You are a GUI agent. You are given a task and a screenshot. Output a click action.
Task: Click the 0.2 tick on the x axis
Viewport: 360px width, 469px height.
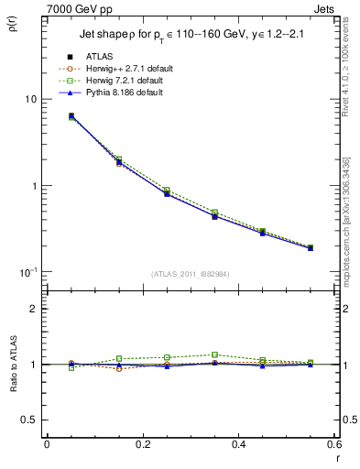coord(142,445)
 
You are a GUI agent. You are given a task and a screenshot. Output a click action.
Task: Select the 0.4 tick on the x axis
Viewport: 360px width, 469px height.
coord(238,445)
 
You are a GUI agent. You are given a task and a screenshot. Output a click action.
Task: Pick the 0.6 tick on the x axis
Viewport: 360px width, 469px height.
coord(333,445)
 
